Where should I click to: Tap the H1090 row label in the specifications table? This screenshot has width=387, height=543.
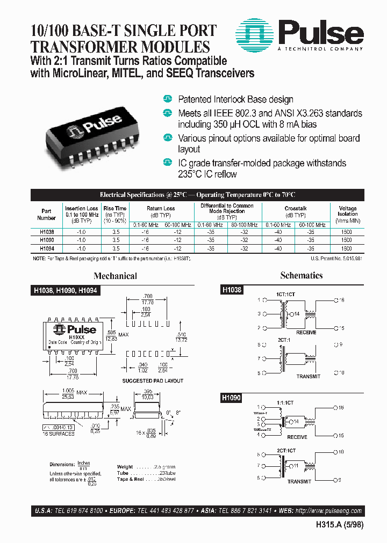coord(47,241)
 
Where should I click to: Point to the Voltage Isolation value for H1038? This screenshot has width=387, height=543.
coord(347,232)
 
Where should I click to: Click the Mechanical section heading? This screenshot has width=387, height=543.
coord(115,276)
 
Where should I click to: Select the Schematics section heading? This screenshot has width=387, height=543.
coord(301,275)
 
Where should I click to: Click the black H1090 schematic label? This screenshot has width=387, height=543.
coord(232,399)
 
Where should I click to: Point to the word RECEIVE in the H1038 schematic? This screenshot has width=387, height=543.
coord(306,333)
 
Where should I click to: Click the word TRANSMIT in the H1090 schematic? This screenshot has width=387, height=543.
coord(299,482)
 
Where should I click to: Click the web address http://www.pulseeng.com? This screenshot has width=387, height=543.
coord(328,511)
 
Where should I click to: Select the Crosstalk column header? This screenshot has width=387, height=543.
coord(295,208)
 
